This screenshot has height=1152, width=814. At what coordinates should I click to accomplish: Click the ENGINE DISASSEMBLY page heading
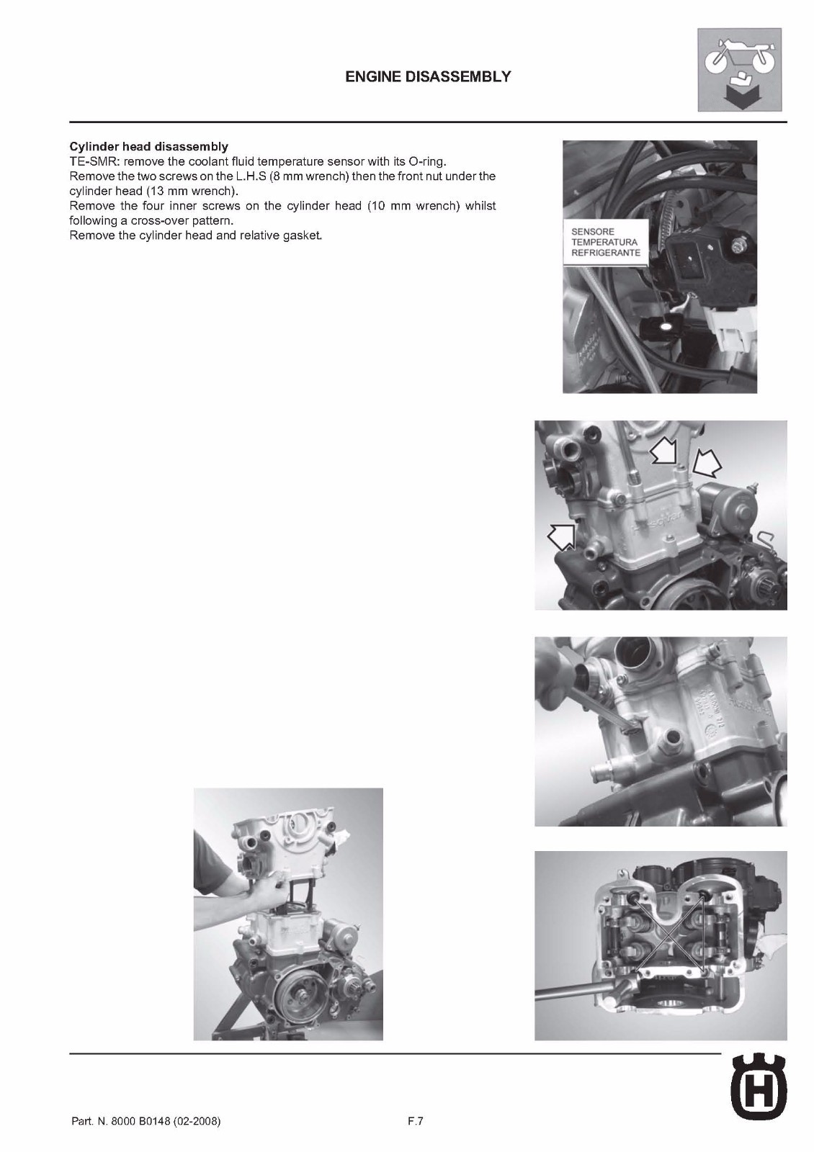pos(428,77)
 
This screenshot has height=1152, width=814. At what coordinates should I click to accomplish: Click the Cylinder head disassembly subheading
pos(148,146)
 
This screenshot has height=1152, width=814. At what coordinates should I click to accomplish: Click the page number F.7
pos(415,1121)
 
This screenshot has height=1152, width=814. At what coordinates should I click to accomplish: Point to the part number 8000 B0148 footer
pos(146,1122)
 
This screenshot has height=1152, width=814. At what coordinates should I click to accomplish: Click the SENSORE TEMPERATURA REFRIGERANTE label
pos(605,243)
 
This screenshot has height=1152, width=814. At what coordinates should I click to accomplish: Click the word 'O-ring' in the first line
pos(427,161)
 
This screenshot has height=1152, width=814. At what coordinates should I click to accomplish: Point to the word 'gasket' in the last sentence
pos(303,236)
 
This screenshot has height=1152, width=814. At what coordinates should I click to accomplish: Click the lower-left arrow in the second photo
pos(563,535)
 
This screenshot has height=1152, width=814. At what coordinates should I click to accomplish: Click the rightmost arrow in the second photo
pos(707,464)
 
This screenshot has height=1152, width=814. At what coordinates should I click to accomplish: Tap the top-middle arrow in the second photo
pos(663,454)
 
